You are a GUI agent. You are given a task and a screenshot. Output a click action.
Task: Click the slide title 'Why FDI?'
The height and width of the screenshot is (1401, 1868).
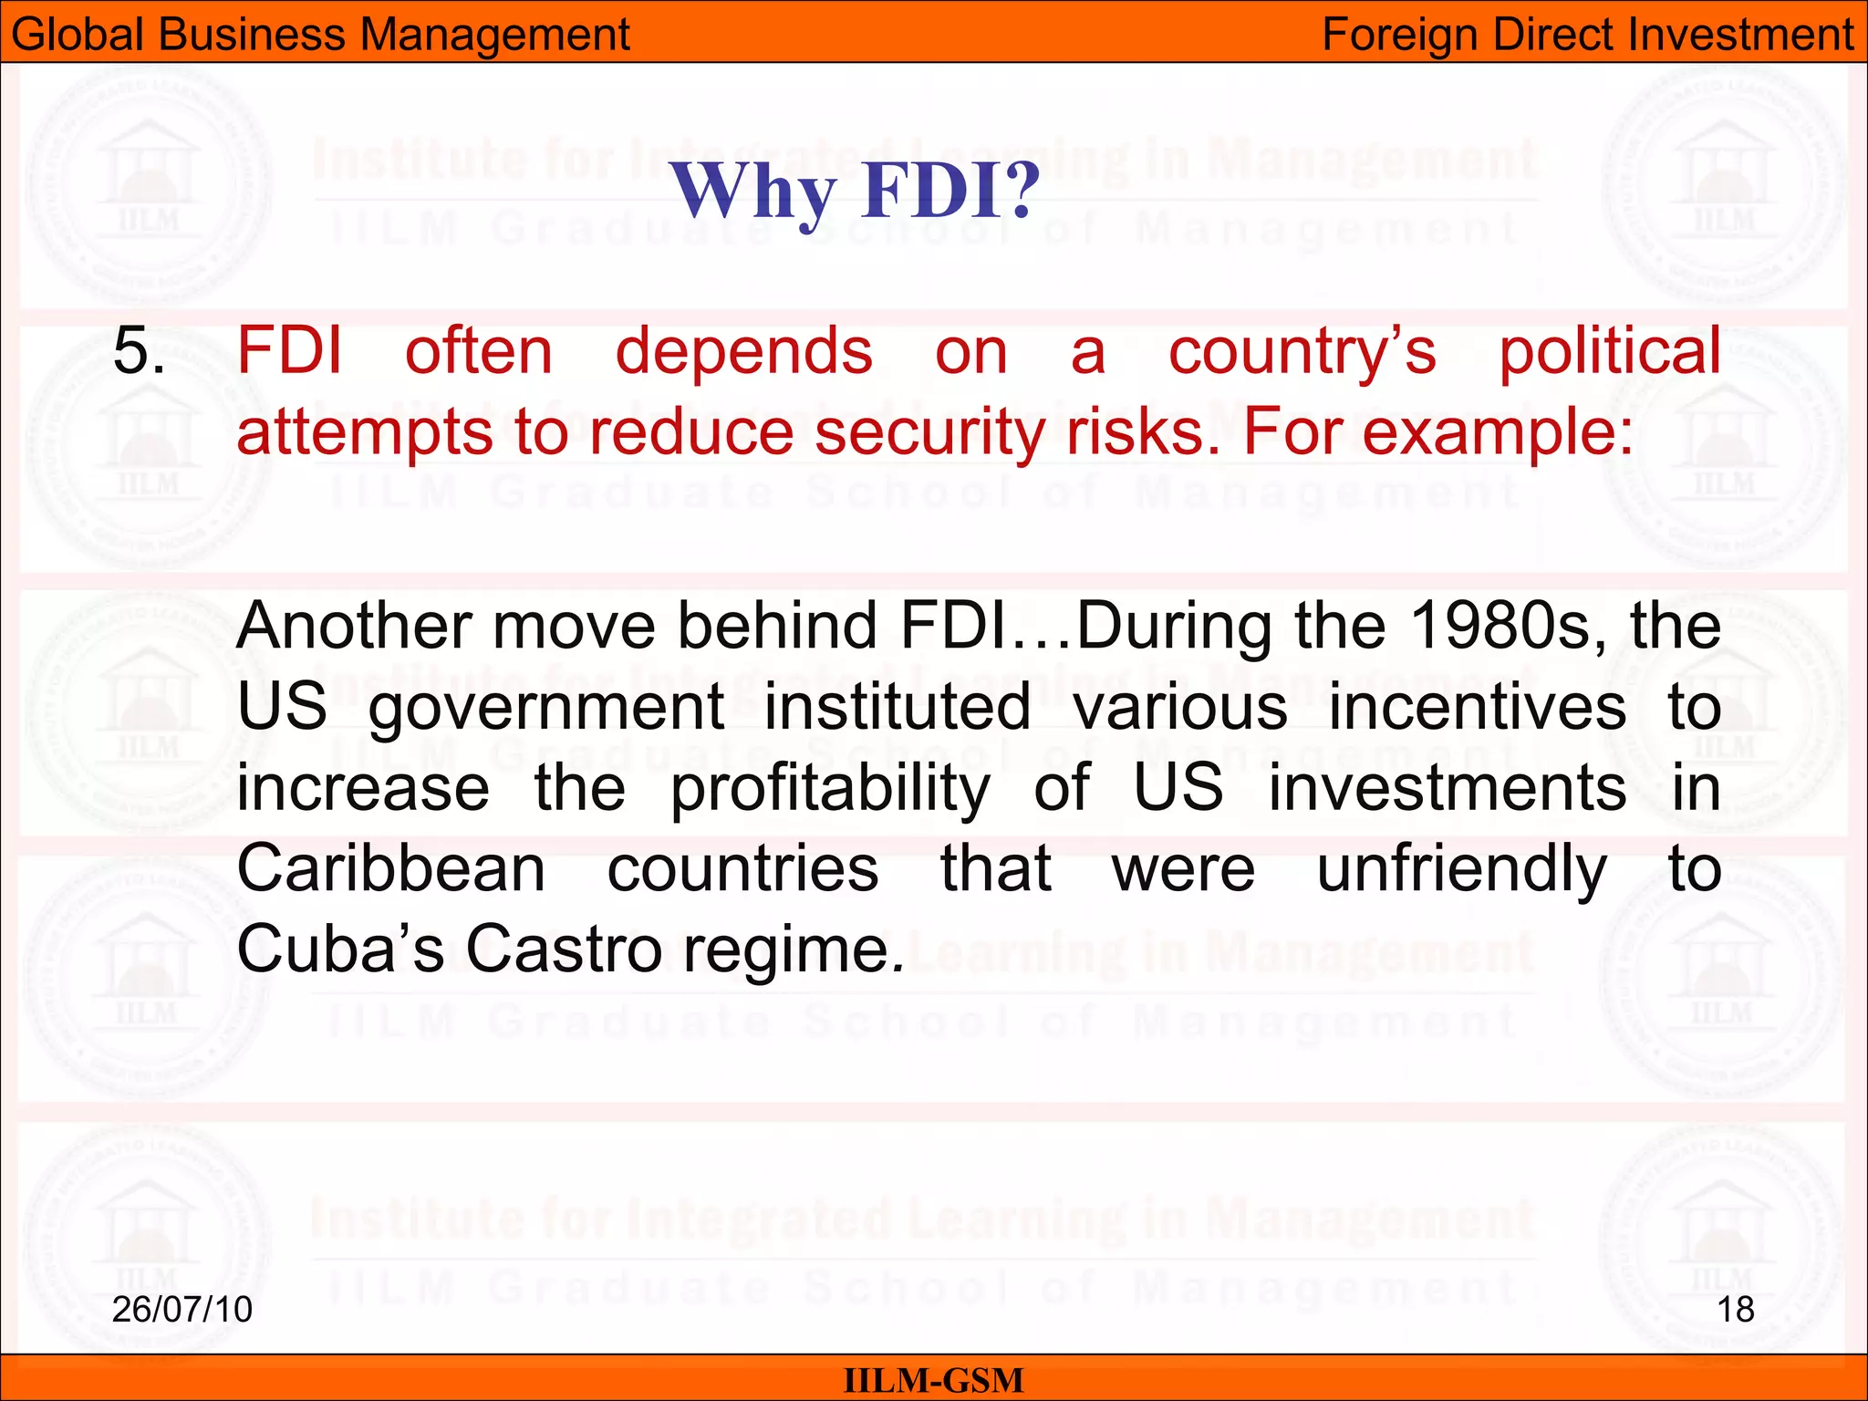pos(855,192)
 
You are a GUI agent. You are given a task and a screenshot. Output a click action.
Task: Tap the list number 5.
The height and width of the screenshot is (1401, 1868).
pos(139,351)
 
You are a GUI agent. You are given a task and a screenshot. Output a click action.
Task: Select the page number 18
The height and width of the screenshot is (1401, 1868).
pos(1735,1310)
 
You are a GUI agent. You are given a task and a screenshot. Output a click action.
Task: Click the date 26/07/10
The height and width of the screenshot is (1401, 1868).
pos(182,1310)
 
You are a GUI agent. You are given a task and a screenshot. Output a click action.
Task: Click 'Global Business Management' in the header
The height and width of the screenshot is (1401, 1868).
pos(320,35)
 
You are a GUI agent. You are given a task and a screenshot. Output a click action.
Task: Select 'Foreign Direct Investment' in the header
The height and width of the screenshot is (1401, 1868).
pos(1587,35)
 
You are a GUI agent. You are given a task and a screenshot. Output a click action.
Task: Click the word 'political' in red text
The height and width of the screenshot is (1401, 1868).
pos(1610,351)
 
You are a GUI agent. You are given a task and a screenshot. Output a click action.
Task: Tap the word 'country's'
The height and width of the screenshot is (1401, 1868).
pos(1302,351)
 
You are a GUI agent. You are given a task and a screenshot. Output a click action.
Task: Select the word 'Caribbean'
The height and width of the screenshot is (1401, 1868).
pos(391,868)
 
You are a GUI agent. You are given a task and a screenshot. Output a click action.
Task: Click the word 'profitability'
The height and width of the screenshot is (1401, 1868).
pos(830,788)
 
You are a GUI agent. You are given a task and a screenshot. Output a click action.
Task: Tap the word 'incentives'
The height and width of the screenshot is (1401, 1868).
pos(1477,707)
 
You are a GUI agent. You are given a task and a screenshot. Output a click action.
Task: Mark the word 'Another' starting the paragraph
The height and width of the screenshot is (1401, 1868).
pos(354,626)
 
